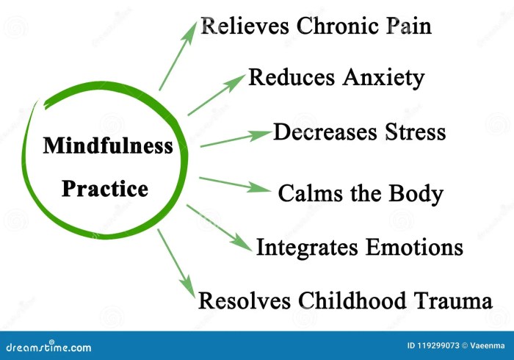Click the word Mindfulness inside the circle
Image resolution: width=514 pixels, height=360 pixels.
point(108,145)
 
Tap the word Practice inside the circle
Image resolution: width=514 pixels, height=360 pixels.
point(105,189)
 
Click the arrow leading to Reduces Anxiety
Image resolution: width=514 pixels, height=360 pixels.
point(217,94)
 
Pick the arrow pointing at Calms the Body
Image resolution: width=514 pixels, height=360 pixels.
point(234,184)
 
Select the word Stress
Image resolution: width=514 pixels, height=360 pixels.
point(415,132)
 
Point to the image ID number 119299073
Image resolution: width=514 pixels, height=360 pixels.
point(432,345)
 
